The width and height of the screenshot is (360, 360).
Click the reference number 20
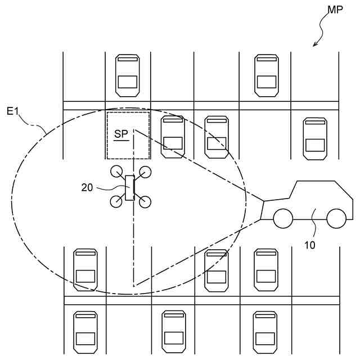(87, 188)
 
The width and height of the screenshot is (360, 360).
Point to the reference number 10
(310, 245)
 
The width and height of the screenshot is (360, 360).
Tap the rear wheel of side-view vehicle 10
(336, 218)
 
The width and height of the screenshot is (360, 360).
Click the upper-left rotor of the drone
(116, 172)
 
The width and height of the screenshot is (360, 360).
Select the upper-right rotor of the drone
(145, 172)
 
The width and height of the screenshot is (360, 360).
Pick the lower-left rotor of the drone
(116, 201)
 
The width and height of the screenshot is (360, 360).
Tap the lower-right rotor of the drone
(145, 201)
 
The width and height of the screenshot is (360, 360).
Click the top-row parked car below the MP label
(267, 75)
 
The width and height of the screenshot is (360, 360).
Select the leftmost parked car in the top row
(127, 75)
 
